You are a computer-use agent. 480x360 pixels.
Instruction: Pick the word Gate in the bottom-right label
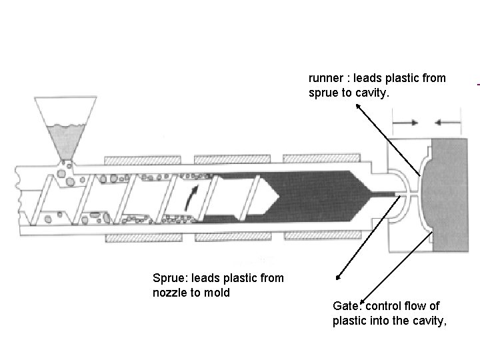click(345, 306)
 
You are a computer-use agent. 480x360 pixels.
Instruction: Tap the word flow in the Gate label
click(419, 306)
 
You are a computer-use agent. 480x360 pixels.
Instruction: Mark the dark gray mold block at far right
click(451, 194)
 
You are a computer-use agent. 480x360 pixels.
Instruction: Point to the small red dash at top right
click(478, 85)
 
